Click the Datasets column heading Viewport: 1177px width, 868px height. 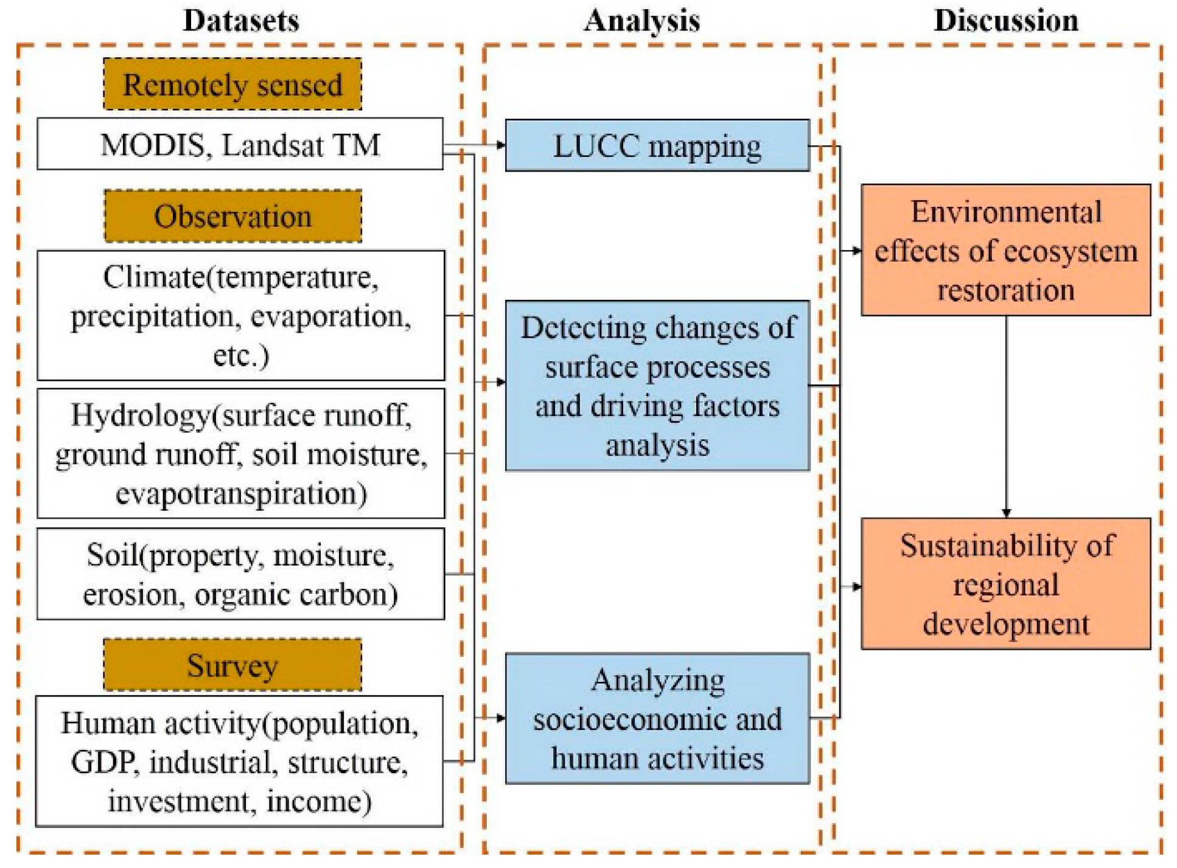click(241, 21)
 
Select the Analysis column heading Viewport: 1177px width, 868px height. click(641, 21)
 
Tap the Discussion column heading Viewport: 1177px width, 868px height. click(1005, 21)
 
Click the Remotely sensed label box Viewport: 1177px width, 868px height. click(232, 85)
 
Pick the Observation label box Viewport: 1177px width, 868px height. click(232, 217)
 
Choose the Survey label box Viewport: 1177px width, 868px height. click(232, 665)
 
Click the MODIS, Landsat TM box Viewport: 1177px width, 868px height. click(240, 145)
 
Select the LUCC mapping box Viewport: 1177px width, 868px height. click(657, 146)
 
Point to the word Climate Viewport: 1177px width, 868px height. click(153, 277)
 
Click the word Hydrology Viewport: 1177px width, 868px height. click(140, 415)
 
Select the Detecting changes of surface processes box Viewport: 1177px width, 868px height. click(657, 386)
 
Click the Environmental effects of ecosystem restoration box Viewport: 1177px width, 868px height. click(1005, 250)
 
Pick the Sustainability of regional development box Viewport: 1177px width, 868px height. click(1005, 584)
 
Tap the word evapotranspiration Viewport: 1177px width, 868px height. click(241, 494)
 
